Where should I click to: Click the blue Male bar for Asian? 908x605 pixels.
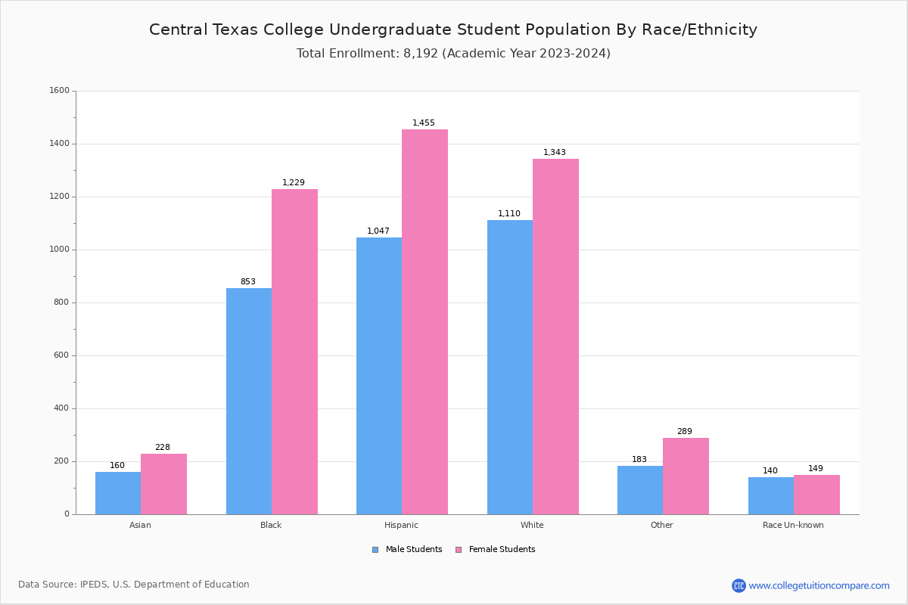(118, 493)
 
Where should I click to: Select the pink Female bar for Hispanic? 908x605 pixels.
(424, 321)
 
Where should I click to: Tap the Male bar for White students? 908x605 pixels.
(510, 367)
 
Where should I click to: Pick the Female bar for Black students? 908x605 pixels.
(294, 352)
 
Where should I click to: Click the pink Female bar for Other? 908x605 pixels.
(686, 476)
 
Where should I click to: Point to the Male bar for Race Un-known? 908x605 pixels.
(771, 495)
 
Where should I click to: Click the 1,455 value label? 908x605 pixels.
(424, 123)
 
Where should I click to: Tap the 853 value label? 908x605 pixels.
(248, 281)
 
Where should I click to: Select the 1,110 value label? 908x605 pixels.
(509, 213)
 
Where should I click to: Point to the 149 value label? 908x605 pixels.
(816, 468)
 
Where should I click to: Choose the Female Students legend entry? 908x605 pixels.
(496, 549)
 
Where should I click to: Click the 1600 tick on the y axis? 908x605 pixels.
(60, 91)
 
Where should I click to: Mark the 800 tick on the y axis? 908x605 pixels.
(61, 302)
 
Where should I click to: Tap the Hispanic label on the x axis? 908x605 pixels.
(401, 525)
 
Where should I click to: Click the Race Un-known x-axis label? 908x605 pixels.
(793, 525)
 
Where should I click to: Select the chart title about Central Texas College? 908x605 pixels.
(453, 29)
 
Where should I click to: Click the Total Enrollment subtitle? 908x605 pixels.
(453, 53)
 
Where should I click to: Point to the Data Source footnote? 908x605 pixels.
(134, 585)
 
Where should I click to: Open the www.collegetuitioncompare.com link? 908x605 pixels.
(819, 585)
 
